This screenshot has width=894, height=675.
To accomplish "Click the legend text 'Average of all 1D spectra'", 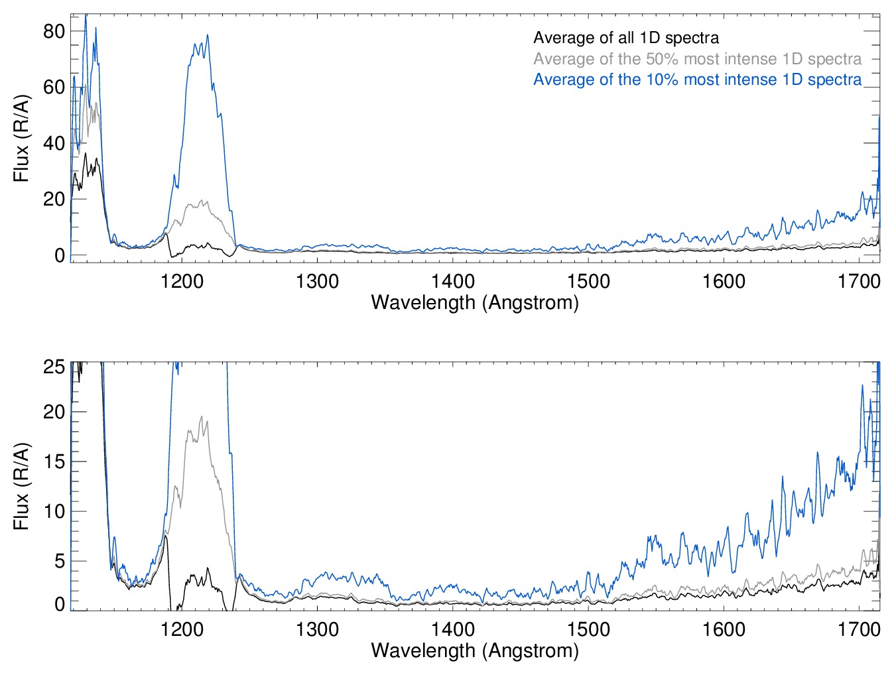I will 625,38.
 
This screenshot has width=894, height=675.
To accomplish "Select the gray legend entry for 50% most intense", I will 697,59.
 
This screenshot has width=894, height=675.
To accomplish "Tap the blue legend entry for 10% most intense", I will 697,80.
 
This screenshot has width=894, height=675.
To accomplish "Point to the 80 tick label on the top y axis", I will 54,31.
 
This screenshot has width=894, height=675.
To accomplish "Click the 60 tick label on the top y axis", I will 54,87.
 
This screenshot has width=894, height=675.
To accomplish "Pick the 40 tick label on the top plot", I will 54,143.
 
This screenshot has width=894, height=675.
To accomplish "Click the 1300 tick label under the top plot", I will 317,281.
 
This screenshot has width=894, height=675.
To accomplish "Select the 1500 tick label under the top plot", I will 588,281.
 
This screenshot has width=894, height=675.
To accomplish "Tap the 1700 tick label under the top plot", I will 859,281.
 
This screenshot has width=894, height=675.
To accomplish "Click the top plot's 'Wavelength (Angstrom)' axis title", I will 475,303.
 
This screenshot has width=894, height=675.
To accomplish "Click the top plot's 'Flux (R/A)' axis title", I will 21,139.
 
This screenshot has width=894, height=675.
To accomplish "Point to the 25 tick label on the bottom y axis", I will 54,367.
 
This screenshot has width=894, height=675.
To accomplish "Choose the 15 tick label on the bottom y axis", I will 54,461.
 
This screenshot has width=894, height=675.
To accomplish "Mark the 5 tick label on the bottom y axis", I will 59,561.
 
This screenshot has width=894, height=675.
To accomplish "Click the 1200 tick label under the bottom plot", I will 182,629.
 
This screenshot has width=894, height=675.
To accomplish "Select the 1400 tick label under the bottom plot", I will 453,629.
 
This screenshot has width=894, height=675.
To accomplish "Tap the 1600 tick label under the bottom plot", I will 724,629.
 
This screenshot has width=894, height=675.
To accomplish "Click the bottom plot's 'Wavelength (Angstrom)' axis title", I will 475,650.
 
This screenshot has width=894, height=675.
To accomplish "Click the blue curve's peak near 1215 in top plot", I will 208,35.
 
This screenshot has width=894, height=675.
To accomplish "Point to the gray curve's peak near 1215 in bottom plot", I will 201,417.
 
